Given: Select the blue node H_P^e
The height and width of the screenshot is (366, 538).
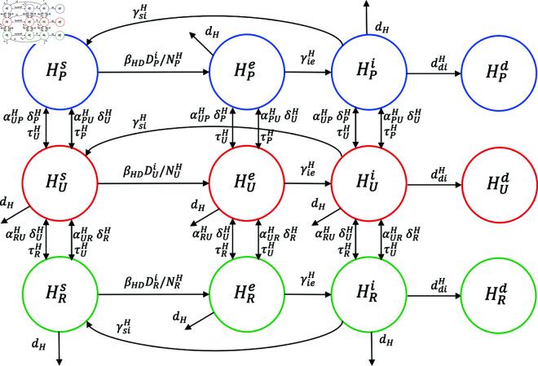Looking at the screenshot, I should pos(238,72).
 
